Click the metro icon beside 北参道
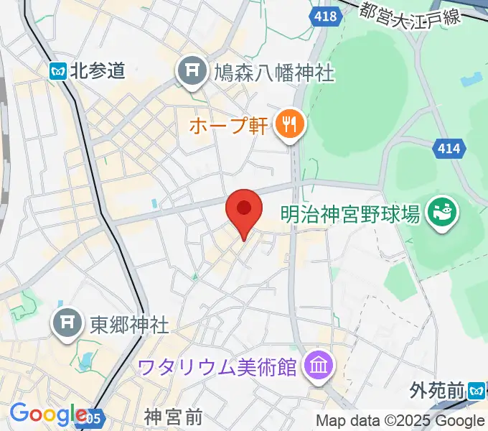click(58, 70)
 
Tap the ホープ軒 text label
click(229, 126)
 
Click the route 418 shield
click(324, 16)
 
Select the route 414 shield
click(451, 151)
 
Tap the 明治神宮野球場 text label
click(349, 213)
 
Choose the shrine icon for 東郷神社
click(68, 324)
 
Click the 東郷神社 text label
click(129, 325)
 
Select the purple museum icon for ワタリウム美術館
click(316, 367)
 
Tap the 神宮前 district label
click(173, 416)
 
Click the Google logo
click(47, 414)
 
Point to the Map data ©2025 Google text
click(399, 420)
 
